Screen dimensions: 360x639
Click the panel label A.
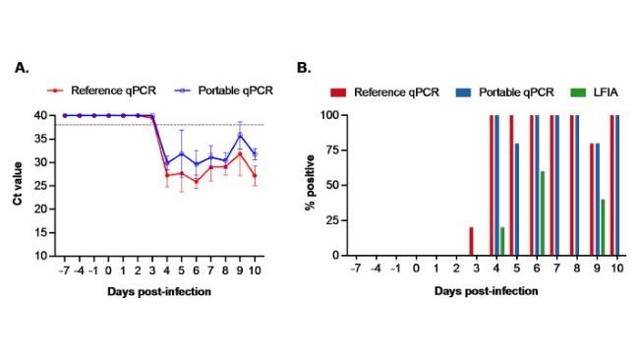click(21, 68)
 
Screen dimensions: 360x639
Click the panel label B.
click(304, 68)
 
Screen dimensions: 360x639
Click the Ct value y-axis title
click(17, 185)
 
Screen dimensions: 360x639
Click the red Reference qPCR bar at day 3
click(471, 241)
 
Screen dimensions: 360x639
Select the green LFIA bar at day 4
click(502, 241)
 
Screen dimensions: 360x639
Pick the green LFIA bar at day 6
click(543, 213)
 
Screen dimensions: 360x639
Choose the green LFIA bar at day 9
click(603, 227)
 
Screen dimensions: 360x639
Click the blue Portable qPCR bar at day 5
click(517, 200)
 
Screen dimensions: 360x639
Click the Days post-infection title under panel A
click(159, 291)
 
